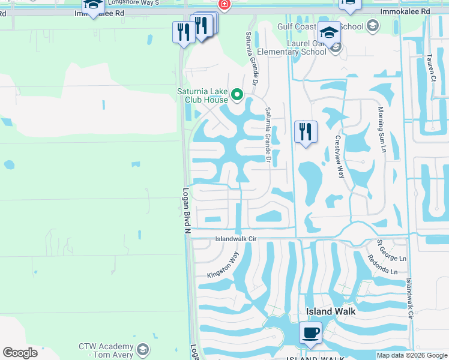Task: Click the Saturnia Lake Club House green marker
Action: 237,94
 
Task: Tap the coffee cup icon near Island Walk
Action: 310,332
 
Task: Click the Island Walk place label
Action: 331,311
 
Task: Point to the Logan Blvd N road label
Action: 187,211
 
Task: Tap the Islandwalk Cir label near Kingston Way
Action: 237,239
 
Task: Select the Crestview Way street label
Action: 339,155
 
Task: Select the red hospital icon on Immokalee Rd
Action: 224,5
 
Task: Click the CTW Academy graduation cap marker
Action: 143,349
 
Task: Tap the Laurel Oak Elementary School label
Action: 292,47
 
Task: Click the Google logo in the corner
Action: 20,353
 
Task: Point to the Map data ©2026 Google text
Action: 412,355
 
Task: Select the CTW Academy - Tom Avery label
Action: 106,351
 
